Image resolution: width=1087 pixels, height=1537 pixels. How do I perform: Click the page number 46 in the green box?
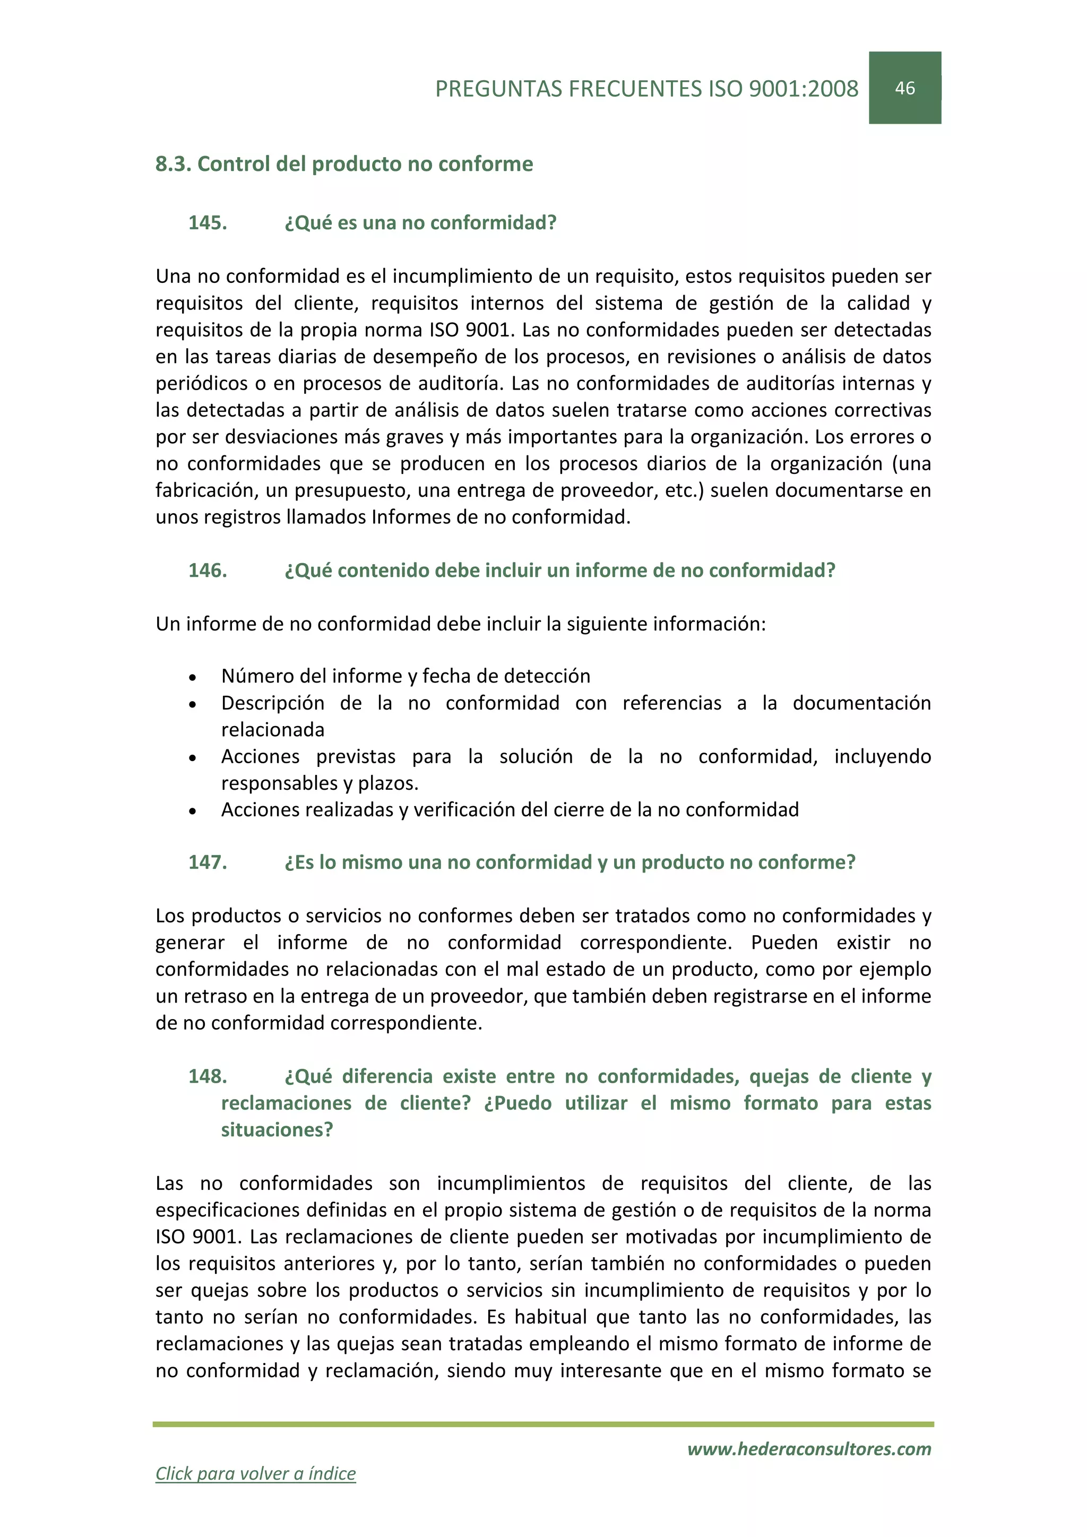[904, 88]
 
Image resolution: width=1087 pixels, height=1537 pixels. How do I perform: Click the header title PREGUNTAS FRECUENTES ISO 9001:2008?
[646, 89]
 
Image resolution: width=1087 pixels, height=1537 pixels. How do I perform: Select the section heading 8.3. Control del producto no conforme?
[344, 164]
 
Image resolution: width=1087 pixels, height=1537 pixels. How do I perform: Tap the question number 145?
[208, 223]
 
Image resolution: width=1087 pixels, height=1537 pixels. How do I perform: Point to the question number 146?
[208, 571]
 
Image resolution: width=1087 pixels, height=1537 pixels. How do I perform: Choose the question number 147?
[208, 862]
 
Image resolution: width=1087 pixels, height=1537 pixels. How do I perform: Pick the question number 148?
[208, 1076]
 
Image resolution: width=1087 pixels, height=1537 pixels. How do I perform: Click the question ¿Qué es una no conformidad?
[420, 223]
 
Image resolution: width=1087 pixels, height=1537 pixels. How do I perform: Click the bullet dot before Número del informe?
[193, 677]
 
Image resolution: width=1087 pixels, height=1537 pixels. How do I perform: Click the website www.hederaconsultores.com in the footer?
[809, 1449]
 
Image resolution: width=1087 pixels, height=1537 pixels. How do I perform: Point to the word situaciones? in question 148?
[277, 1130]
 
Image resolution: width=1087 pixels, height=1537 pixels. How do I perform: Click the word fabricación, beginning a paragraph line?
[207, 491]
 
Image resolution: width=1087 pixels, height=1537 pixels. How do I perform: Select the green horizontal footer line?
[543, 1424]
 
